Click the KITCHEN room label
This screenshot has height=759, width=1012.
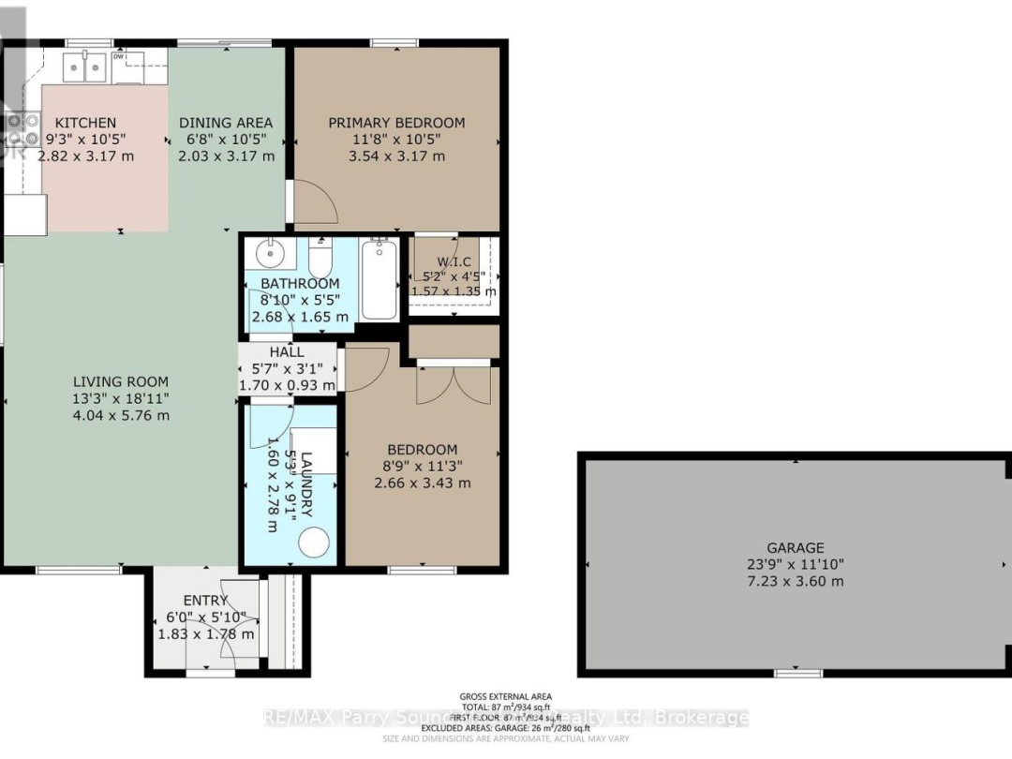pos(85,123)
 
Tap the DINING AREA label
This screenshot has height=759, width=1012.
pos(226,123)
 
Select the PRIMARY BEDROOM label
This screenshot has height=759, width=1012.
pos(396,123)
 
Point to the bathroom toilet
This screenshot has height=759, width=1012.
pos(320,256)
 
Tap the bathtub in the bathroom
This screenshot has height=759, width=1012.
pos(379,278)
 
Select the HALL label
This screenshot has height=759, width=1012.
pos(286,352)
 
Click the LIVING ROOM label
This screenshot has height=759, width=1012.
pos(121,381)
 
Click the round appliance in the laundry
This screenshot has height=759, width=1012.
pos(316,543)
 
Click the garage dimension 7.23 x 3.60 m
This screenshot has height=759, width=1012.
pos(795,581)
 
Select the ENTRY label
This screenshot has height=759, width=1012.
pos(205,601)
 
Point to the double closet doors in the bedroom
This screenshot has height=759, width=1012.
pos(454,384)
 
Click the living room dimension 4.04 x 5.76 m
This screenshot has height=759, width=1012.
pos(121,415)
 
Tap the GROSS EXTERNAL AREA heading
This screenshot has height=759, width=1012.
pos(505,696)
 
